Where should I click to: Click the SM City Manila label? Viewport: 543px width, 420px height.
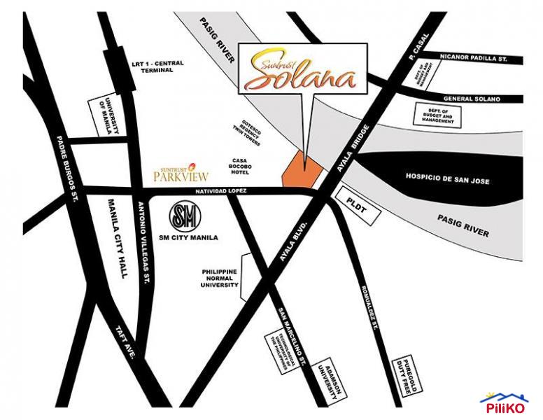point(190,238)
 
